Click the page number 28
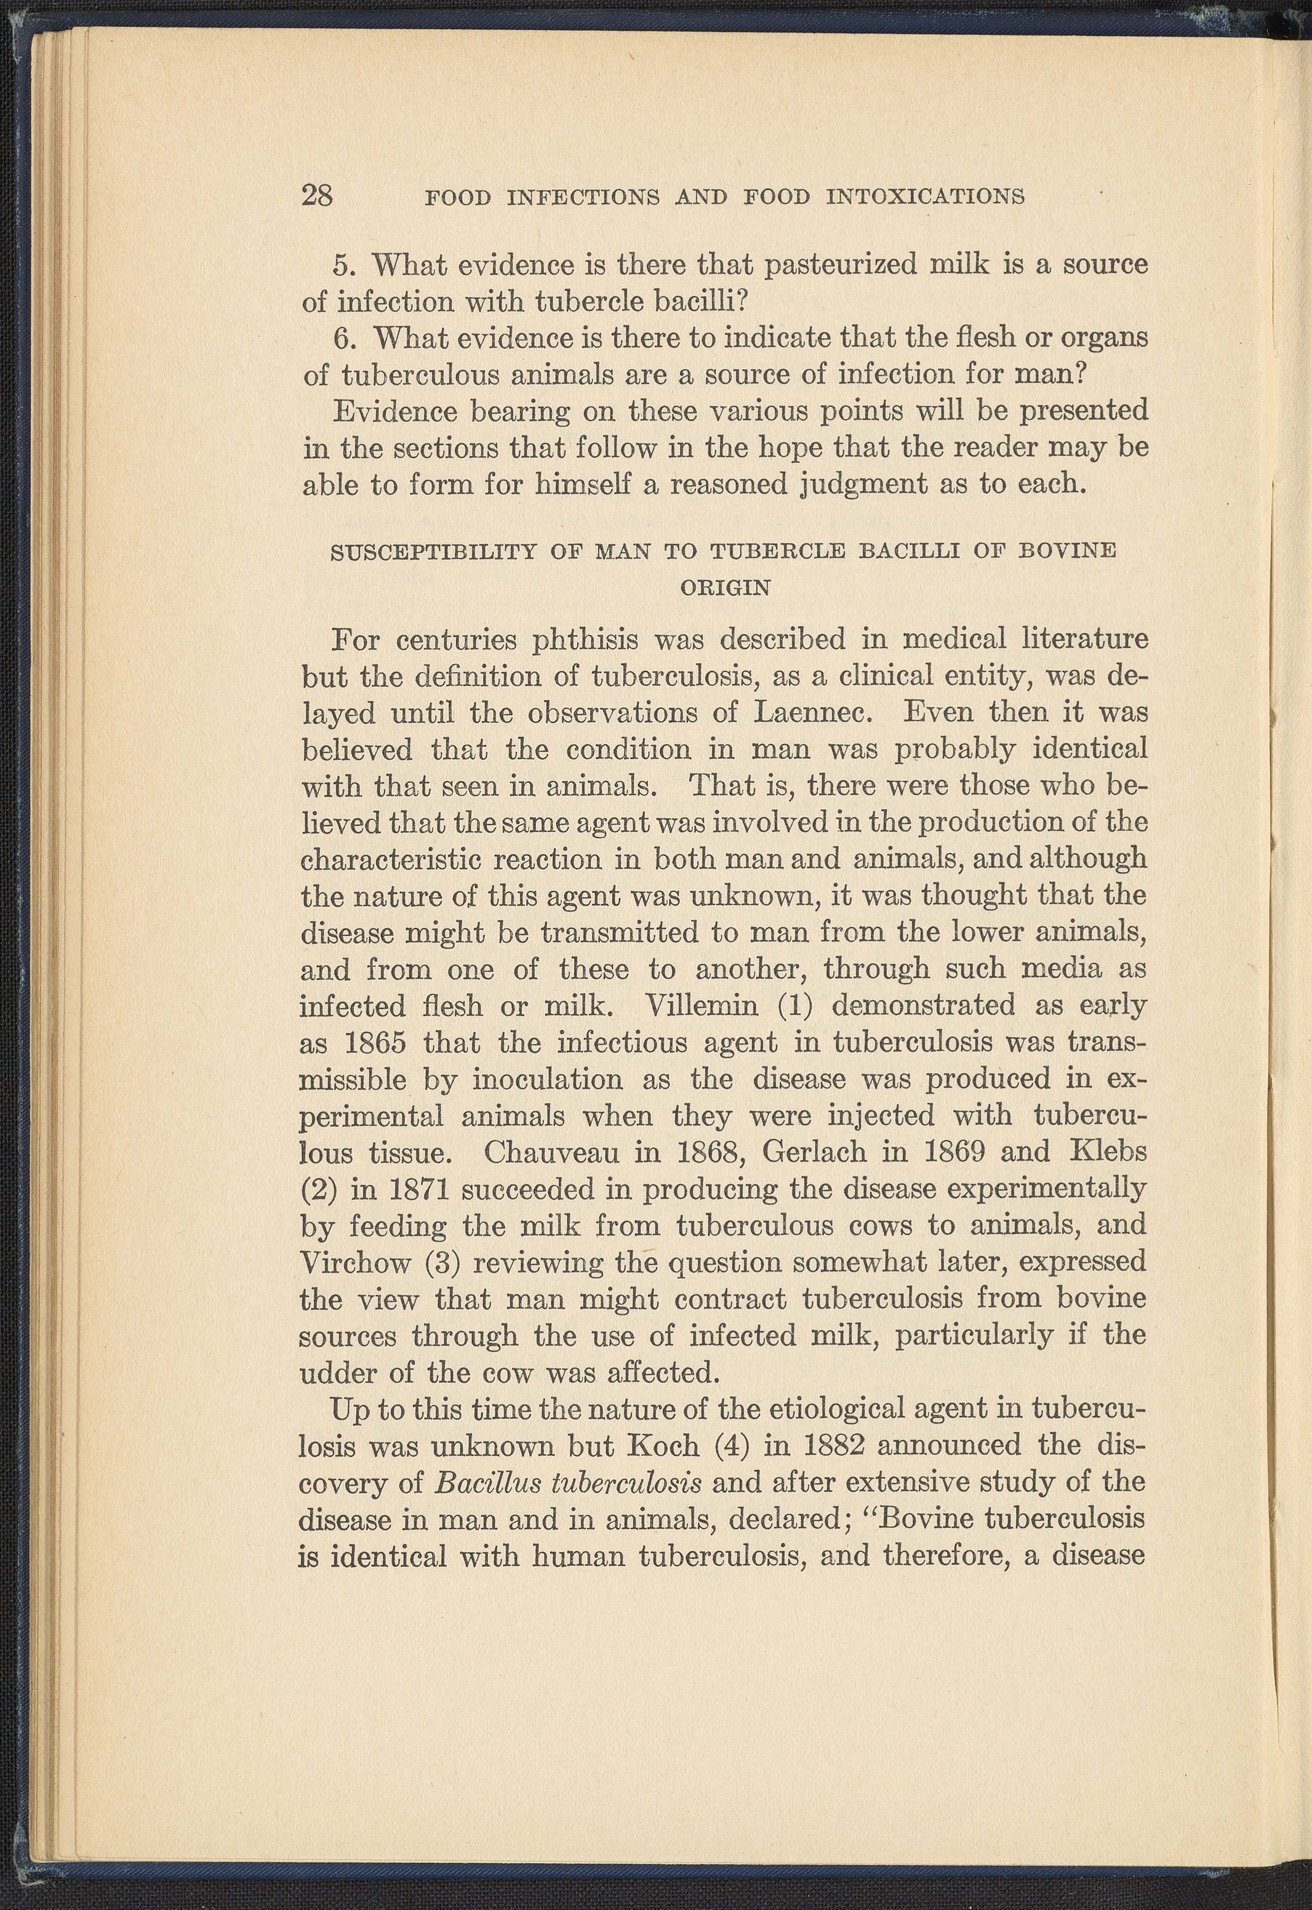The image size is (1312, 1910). (x=318, y=196)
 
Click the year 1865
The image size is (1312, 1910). (x=374, y=1042)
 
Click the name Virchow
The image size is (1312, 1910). (x=354, y=1261)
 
